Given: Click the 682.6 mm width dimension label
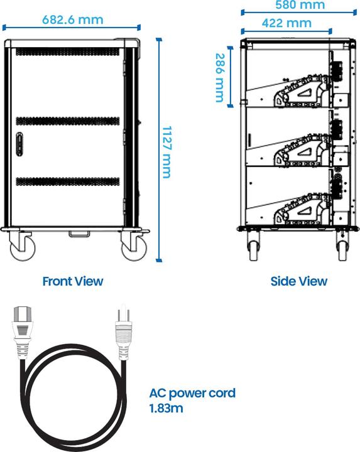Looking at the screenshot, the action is click(x=73, y=20).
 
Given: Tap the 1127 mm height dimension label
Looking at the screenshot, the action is click(x=167, y=152).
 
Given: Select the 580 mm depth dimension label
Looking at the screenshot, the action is click(x=300, y=5).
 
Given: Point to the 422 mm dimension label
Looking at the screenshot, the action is click(x=286, y=23).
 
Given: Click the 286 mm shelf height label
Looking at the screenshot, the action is click(x=220, y=78).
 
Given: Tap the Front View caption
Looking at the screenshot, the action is click(x=73, y=281).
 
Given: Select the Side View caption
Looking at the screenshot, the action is click(x=299, y=281).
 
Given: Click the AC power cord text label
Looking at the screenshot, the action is click(x=192, y=394).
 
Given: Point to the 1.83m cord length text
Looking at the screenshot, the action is click(x=166, y=408).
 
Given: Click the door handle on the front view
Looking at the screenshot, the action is click(x=19, y=144).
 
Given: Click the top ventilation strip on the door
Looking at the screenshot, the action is click(x=67, y=51).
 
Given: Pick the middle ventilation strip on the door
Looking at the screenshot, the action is click(x=67, y=121).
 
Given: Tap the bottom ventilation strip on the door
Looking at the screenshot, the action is click(x=67, y=181).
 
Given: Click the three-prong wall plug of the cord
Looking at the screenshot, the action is click(x=124, y=331).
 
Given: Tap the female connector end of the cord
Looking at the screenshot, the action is click(x=22, y=331).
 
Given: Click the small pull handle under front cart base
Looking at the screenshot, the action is click(x=79, y=234).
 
